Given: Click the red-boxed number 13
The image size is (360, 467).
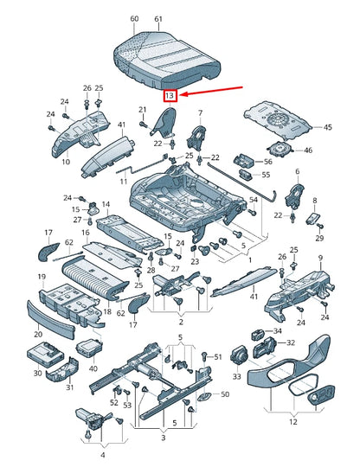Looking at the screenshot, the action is coord(170,96).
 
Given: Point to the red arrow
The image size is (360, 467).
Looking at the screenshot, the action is coord(212,91).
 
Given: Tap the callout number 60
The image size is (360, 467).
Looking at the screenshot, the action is coord(134,19).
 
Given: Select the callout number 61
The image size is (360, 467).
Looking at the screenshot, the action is coord(158,19).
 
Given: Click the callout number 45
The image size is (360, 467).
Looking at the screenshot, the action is coord(327,127).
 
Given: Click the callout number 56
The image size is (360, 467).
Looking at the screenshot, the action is coord(268,161).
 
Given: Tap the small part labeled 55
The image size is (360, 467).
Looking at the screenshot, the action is coord(246,174).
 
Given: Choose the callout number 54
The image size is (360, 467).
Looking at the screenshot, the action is coord(254,200).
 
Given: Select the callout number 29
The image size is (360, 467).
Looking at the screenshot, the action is coord(319,238).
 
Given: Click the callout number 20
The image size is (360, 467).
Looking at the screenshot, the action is coord(38,334).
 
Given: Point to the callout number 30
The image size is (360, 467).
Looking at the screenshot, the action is coord(37,373).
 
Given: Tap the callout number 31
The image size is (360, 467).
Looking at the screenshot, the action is coord(69,387).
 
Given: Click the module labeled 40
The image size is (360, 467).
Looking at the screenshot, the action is coord(89,349).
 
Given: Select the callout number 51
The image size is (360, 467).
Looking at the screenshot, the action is coord(218,356).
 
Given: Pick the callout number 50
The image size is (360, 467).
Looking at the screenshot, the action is coord(225,394).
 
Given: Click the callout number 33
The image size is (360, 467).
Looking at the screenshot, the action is coord(236,376).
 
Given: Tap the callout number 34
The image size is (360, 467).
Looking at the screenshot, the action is coord(277,331).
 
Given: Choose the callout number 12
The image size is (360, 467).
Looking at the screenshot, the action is coord(293,422).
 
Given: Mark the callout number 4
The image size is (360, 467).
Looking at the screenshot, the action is coord(103,455).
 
